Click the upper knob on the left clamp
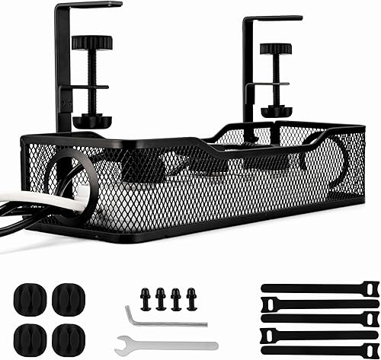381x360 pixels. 92,42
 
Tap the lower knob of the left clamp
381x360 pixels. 92,121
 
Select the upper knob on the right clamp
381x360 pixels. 275,49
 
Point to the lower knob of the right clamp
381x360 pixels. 275,111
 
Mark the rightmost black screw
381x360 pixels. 191,298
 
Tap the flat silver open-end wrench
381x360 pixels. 164,344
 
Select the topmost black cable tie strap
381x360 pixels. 320,288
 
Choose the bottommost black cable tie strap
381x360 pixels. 320,349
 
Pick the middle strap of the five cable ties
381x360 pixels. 320,319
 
